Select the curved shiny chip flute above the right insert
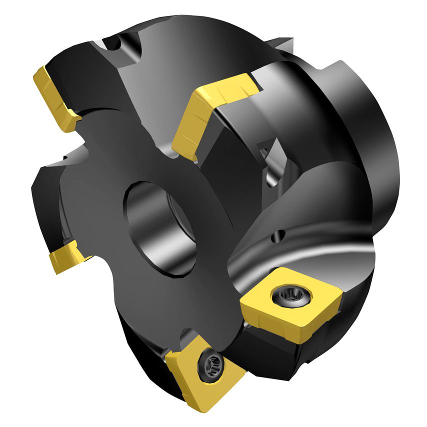(310, 250)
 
